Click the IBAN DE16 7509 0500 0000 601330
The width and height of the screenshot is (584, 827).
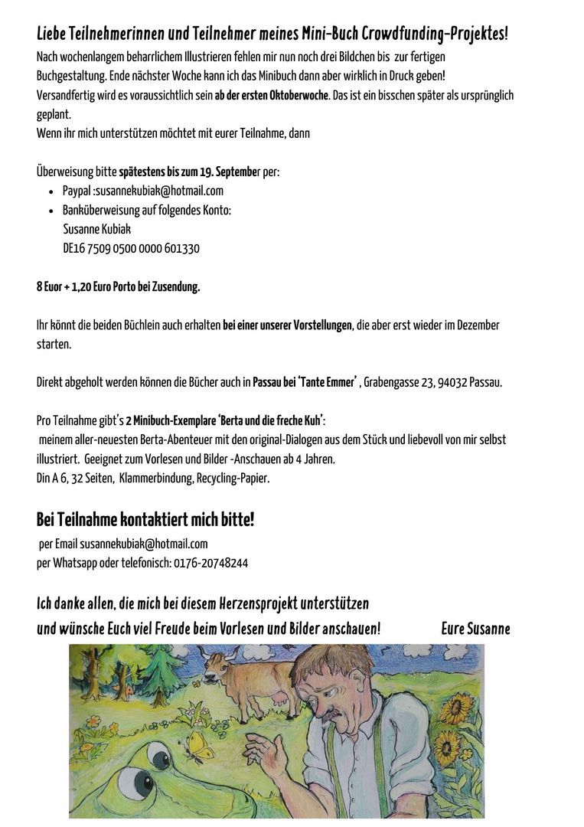(131, 248)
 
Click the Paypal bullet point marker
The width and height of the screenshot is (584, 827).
(51, 191)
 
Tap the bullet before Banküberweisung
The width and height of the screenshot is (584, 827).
(51, 211)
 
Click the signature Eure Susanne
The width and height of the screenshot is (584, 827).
(475, 629)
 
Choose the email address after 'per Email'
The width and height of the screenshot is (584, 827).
(144, 544)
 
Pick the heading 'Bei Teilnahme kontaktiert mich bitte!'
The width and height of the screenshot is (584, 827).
(145, 520)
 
